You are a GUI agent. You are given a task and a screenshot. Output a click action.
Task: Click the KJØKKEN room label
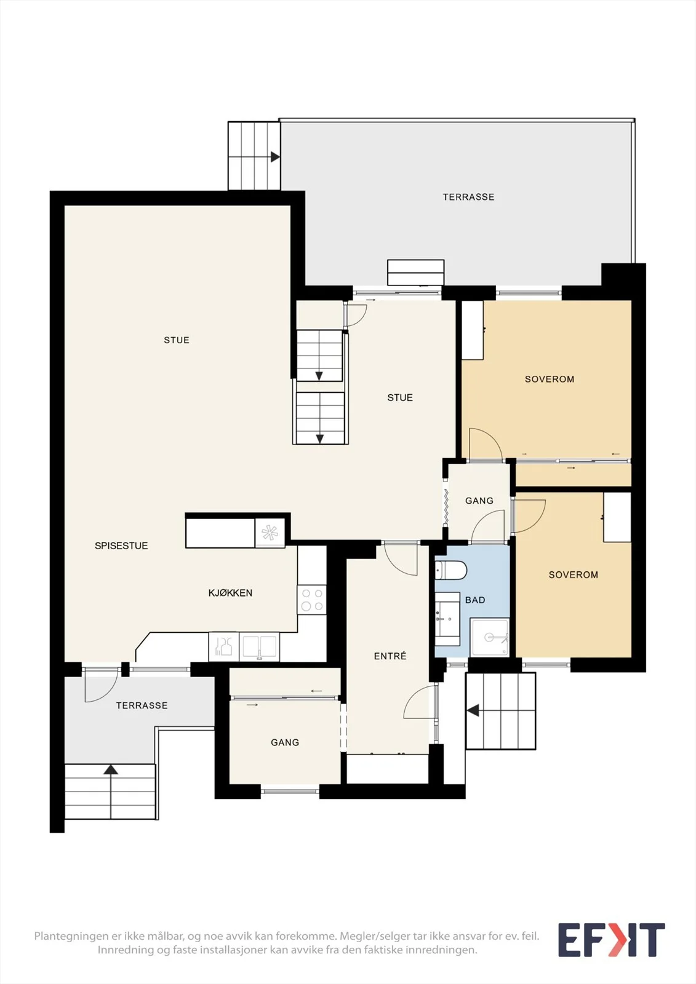[x=230, y=593]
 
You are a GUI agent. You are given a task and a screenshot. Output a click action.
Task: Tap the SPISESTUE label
[x=121, y=546]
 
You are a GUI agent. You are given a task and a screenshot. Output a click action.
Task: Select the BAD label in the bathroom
[x=475, y=600]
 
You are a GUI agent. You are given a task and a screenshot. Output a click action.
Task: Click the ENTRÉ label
[x=390, y=656]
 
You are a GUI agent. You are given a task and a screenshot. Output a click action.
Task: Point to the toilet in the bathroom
[x=450, y=571]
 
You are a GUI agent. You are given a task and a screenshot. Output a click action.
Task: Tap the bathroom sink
[x=447, y=619]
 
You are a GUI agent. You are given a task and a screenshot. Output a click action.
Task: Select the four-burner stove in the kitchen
[x=312, y=600]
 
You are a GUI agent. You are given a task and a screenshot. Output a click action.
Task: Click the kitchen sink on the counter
[x=259, y=646]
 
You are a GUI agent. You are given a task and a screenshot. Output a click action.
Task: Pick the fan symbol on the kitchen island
[x=270, y=533]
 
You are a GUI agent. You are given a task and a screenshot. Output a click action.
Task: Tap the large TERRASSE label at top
[x=468, y=197]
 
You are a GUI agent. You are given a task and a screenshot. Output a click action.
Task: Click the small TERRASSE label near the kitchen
[x=142, y=705]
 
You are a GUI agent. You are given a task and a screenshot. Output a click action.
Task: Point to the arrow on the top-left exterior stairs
[x=275, y=157]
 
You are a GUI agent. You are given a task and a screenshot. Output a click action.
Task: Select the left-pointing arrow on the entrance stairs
[x=473, y=710]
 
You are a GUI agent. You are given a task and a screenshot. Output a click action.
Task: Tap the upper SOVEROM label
[x=550, y=379]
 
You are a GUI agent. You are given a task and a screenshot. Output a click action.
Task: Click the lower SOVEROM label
[x=574, y=574]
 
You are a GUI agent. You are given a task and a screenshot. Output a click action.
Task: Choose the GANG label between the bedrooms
[x=479, y=501]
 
